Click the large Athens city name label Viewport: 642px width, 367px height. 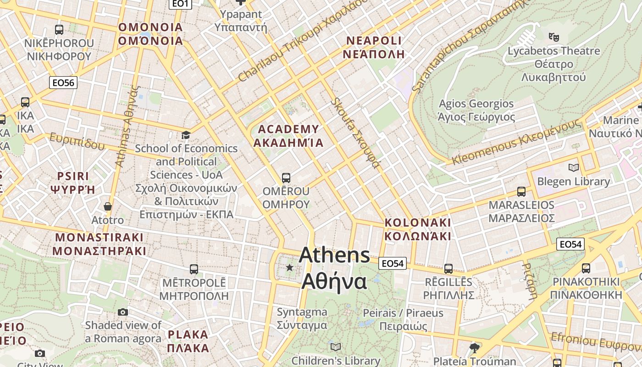(334, 268)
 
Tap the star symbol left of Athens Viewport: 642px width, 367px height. (289, 267)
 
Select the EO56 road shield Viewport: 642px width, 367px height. (63, 83)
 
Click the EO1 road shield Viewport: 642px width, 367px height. (180, 4)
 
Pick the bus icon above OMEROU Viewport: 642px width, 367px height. (286, 178)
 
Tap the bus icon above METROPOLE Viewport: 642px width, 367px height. (194, 269)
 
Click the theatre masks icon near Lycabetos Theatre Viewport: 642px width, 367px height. (553, 36)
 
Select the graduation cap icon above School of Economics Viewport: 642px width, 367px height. (186, 135)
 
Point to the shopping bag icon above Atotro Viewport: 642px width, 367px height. (108, 207)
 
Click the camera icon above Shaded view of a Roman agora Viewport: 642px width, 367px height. (123, 312)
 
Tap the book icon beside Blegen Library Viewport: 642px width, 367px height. (573, 167)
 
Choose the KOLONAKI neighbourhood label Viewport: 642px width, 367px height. (418, 229)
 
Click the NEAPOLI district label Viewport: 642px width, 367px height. (374, 47)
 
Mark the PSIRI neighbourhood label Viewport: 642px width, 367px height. (73, 183)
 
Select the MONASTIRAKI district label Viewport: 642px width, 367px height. (99, 244)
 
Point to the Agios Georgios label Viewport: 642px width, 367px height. (476, 110)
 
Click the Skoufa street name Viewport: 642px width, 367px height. (356, 133)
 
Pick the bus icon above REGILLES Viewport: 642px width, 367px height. (448, 269)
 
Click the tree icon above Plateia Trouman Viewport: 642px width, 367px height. (474, 348)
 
